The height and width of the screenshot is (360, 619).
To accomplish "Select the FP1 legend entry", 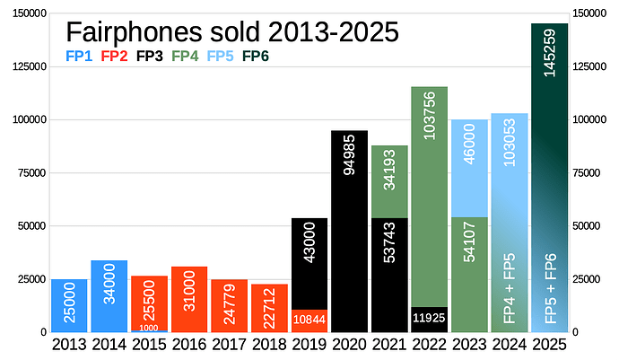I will [x=79, y=57].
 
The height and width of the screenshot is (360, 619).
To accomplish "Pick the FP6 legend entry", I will [x=256, y=57].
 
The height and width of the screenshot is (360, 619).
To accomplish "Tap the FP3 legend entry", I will [x=149, y=57].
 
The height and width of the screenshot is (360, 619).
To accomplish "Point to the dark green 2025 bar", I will [x=549, y=180].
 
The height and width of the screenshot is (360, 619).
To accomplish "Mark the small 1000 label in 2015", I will [x=149, y=328].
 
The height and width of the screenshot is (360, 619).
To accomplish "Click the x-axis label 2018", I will [x=269, y=344].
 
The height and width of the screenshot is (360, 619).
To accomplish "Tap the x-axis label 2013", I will [x=69, y=344].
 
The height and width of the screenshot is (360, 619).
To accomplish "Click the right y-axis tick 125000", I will [x=590, y=66].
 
